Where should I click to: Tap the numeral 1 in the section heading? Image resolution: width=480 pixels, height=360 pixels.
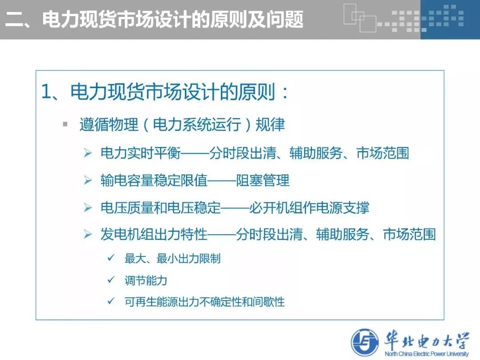point(47,92)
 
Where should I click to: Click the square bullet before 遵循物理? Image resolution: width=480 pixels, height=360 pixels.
point(65,124)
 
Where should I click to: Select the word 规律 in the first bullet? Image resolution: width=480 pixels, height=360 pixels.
point(270,124)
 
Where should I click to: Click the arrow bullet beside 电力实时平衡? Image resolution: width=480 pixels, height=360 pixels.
point(88,153)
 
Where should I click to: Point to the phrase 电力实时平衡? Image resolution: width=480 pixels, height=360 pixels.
point(140,153)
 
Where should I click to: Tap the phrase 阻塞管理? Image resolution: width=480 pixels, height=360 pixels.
point(263,180)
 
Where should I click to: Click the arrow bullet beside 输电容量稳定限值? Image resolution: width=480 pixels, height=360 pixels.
point(88,180)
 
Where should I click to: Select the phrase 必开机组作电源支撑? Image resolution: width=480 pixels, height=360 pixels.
point(309,208)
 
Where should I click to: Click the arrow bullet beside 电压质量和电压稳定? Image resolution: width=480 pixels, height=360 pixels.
point(88,208)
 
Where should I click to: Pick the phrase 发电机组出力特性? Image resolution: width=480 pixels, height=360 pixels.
point(154,235)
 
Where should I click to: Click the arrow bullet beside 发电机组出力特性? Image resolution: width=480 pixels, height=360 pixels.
point(88,235)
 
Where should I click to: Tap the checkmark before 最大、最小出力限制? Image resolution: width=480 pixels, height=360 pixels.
point(111,258)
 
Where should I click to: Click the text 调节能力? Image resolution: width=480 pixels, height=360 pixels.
point(146,280)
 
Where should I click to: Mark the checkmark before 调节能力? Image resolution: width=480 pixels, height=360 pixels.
point(111,280)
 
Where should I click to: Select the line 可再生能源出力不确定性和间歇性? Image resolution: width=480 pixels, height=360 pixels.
point(204,302)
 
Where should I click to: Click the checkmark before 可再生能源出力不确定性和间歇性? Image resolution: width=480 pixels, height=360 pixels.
point(111,301)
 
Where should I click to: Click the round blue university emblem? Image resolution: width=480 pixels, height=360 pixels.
point(365,343)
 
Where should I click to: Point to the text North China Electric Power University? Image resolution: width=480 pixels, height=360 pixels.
point(427,354)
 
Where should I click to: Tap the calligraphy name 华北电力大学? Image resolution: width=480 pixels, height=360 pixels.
point(427,340)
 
